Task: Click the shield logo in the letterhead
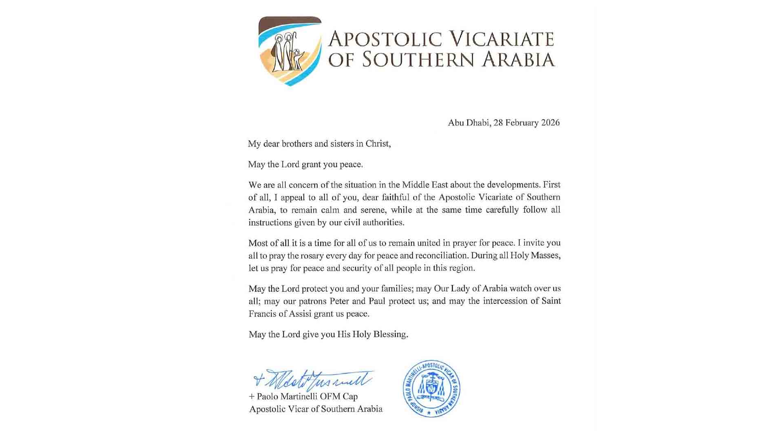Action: [x=290, y=51]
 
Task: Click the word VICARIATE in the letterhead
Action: [x=501, y=39]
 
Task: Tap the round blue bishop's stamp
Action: [x=431, y=388]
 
